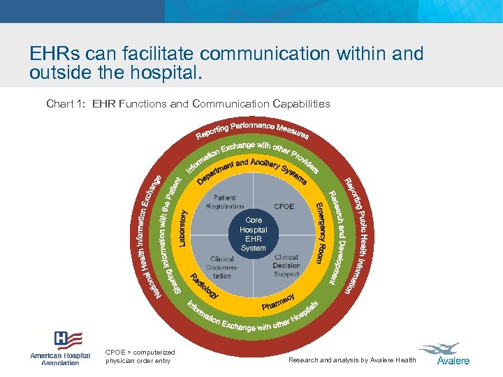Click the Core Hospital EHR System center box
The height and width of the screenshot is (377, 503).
pyautogui.click(x=253, y=234)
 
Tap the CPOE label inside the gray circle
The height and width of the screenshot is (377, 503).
pyautogui.click(x=284, y=207)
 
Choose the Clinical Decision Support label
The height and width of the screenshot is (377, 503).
pyautogui.click(x=286, y=265)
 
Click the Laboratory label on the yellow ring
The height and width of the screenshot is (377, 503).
pyautogui.click(x=182, y=228)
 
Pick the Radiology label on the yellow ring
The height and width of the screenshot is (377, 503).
pyautogui.click(x=204, y=286)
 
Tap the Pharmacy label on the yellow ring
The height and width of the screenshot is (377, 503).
pyautogui.click(x=278, y=302)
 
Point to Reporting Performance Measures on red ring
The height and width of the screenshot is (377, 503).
pyautogui.click(x=252, y=129)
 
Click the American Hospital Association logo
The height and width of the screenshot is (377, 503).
pyautogui.click(x=60, y=348)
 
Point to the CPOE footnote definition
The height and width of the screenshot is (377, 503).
pyautogui.click(x=140, y=357)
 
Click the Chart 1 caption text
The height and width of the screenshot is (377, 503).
pyautogui.click(x=188, y=104)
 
